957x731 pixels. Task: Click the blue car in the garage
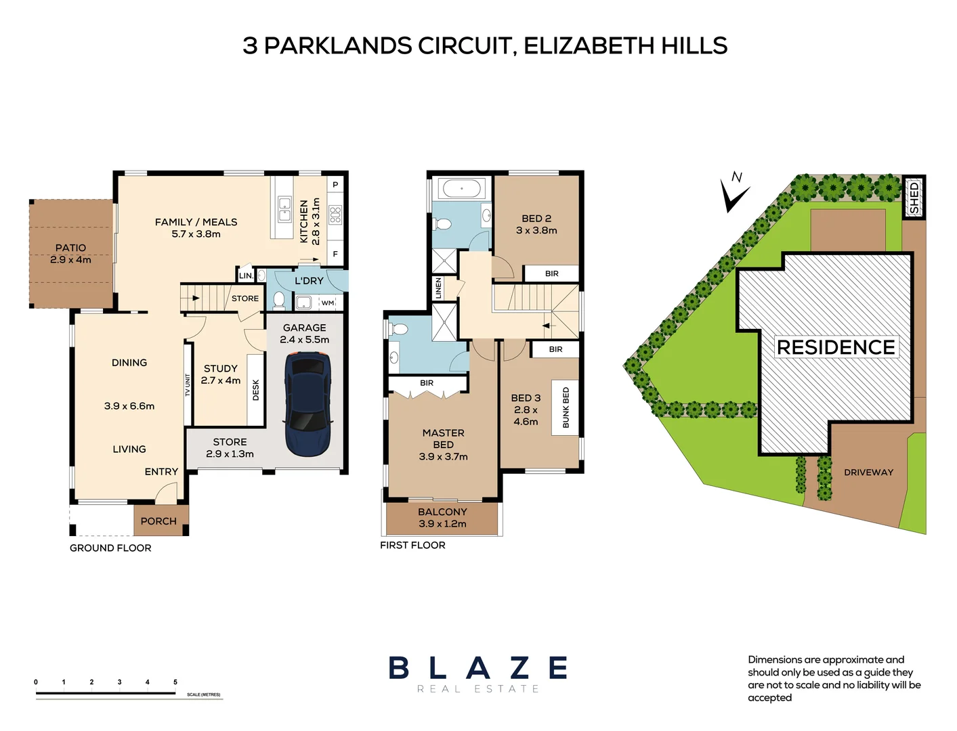(308, 404)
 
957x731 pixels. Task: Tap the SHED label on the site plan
(914, 197)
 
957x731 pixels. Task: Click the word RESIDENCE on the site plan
(836, 347)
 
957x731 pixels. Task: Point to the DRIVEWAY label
(868, 472)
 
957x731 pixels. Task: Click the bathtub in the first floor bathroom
(461, 188)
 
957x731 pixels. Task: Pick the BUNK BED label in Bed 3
(566, 407)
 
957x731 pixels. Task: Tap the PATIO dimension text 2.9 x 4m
(70, 260)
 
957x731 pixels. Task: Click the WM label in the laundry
(328, 303)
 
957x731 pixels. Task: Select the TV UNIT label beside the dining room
(188, 385)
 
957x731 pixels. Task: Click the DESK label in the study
(255, 390)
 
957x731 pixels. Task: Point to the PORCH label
(158, 521)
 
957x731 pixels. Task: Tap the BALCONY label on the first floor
(442, 512)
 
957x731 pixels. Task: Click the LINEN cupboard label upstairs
(438, 288)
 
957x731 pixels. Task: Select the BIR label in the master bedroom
(427, 383)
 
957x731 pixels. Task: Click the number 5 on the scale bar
(175, 682)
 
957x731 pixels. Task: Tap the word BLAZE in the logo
(478, 668)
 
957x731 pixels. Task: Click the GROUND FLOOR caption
(110, 548)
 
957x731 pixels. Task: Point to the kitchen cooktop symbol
(335, 215)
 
